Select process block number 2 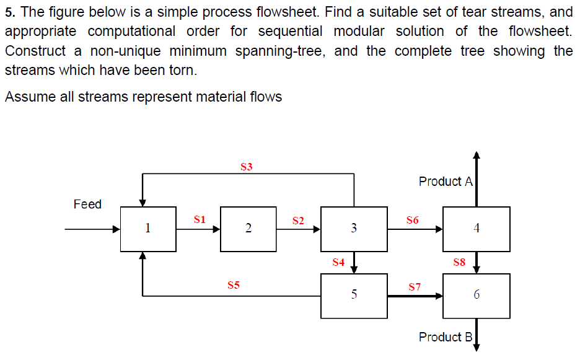click(x=248, y=229)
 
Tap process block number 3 click(x=354, y=229)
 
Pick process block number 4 click(x=476, y=229)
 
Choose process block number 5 click(x=354, y=294)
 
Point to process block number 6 click(x=476, y=294)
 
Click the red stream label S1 click(x=199, y=219)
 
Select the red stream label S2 click(x=298, y=220)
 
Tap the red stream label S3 click(x=246, y=166)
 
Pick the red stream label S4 click(x=338, y=262)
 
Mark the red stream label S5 click(x=233, y=286)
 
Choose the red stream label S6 click(x=412, y=219)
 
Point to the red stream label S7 click(x=415, y=287)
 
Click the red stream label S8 click(x=459, y=262)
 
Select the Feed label click(x=87, y=204)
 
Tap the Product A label click(x=446, y=182)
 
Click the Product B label click(x=446, y=337)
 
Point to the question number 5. click(x=9, y=12)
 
